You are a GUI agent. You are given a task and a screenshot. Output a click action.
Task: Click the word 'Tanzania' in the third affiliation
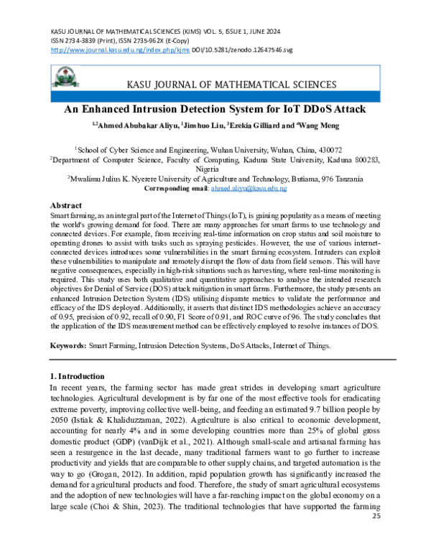click(344, 179)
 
